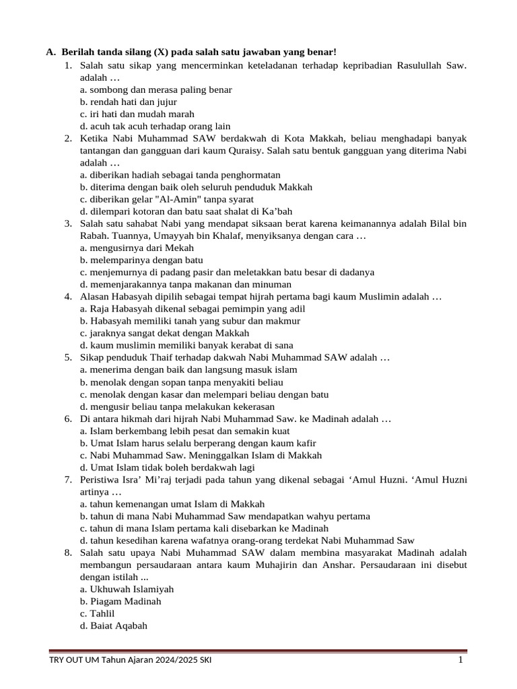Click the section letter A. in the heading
50,52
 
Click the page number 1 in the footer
460,660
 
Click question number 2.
68,138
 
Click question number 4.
68,297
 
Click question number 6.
68,419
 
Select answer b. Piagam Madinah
120,601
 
